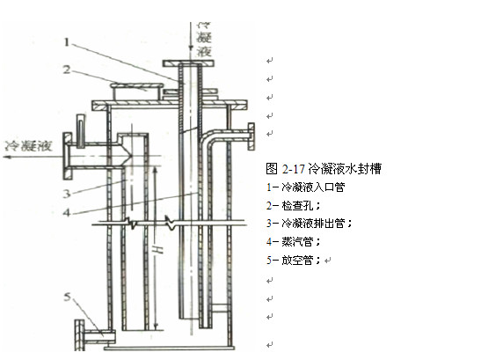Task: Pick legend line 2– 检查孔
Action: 295,205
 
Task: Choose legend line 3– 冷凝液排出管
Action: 309,224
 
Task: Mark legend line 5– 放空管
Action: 295,261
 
